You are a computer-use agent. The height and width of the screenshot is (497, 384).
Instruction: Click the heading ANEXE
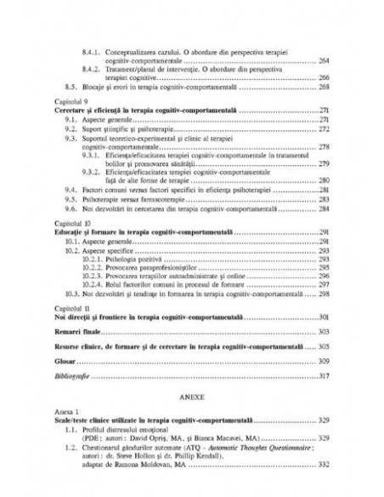(191, 397)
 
